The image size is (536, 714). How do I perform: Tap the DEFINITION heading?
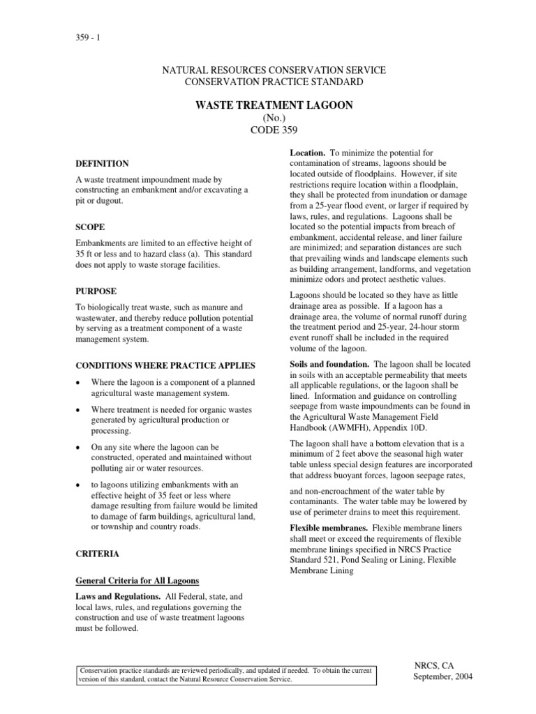(102, 164)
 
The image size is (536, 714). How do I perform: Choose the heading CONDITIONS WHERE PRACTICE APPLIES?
(165, 365)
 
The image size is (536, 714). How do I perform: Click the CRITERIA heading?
(97, 554)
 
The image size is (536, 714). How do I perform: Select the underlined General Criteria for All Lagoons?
(138, 581)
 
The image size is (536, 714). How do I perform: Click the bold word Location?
(306, 152)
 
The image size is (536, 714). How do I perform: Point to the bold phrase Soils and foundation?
(329, 365)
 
